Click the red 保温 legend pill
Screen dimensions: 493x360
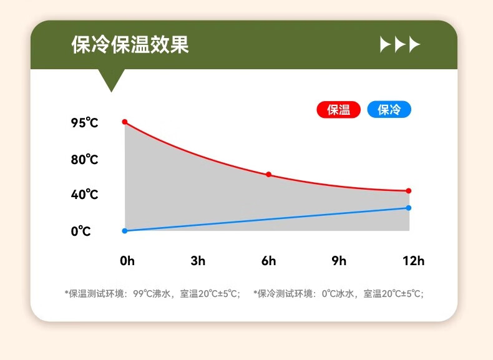(338, 109)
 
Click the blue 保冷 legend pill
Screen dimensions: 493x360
(389, 109)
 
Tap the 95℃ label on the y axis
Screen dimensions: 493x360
(84, 123)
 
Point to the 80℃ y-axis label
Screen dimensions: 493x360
(84, 159)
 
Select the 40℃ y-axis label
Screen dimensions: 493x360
(84, 194)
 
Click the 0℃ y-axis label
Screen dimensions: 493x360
(81, 231)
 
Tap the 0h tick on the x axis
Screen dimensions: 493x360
(127, 261)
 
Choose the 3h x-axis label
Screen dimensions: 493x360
(198, 261)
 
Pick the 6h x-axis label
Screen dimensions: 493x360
(268, 261)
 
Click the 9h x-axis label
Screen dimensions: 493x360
(339, 261)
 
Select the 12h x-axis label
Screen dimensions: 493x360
(414, 261)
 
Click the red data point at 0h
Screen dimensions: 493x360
(125, 122)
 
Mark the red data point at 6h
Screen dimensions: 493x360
(268, 175)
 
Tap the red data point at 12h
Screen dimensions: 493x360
(408, 191)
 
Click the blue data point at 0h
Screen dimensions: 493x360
(125, 231)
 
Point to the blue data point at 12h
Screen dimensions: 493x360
(408, 208)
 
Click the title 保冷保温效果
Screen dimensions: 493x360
(130, 44)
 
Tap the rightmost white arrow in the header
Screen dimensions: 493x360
(415, 44)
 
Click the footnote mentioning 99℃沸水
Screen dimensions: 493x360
(152, 294)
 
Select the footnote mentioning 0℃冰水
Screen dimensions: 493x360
(339, 294)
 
